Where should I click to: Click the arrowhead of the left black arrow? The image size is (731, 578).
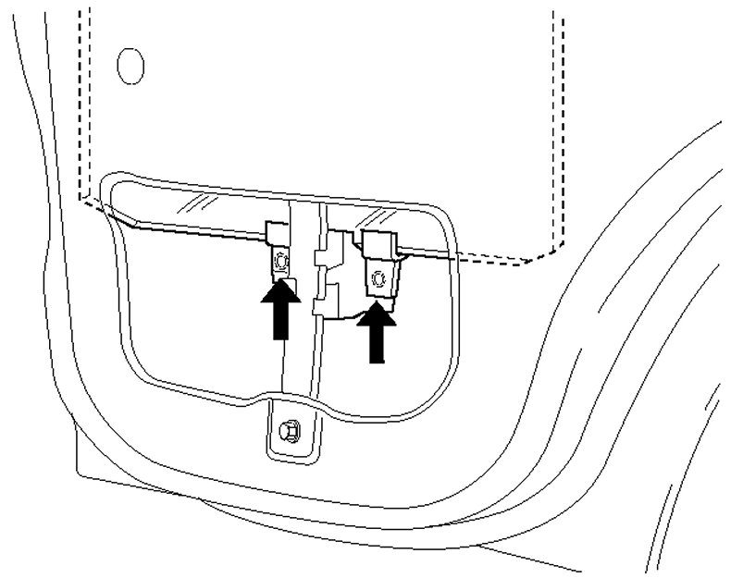point(281,295)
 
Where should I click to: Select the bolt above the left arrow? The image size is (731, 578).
point(281,263)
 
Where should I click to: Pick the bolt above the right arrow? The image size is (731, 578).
point(377,277)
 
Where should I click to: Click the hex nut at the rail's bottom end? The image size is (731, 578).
point(286,428)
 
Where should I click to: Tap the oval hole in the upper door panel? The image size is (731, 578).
point(131,64)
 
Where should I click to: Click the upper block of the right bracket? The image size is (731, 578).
point(379,243)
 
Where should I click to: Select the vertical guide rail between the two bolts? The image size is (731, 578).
point(301,351)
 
